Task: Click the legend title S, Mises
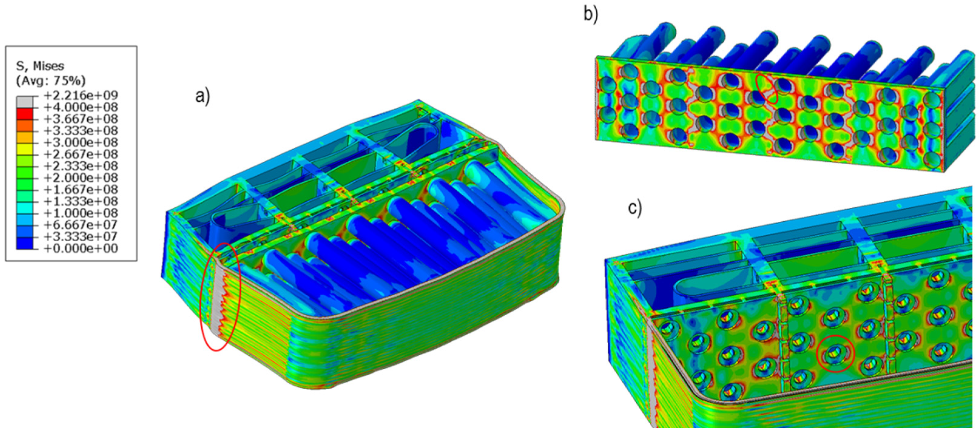40,66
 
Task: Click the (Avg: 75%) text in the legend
51,81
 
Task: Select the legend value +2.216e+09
81,95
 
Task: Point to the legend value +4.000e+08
81,107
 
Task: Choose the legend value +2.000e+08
81,177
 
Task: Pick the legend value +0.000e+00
81,248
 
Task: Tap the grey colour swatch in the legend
25,102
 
